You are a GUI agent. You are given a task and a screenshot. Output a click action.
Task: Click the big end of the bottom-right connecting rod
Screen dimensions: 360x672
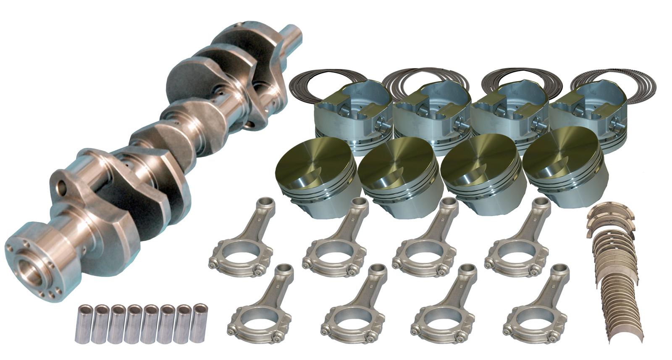pyautogui.click(x=530, y=324)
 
